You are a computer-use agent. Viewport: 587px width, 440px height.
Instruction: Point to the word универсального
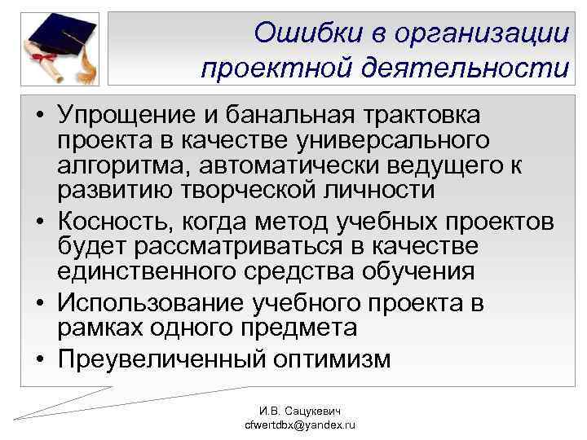(x=399, y=141)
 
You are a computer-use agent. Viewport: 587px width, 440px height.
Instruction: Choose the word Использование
(x=155, y=303)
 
